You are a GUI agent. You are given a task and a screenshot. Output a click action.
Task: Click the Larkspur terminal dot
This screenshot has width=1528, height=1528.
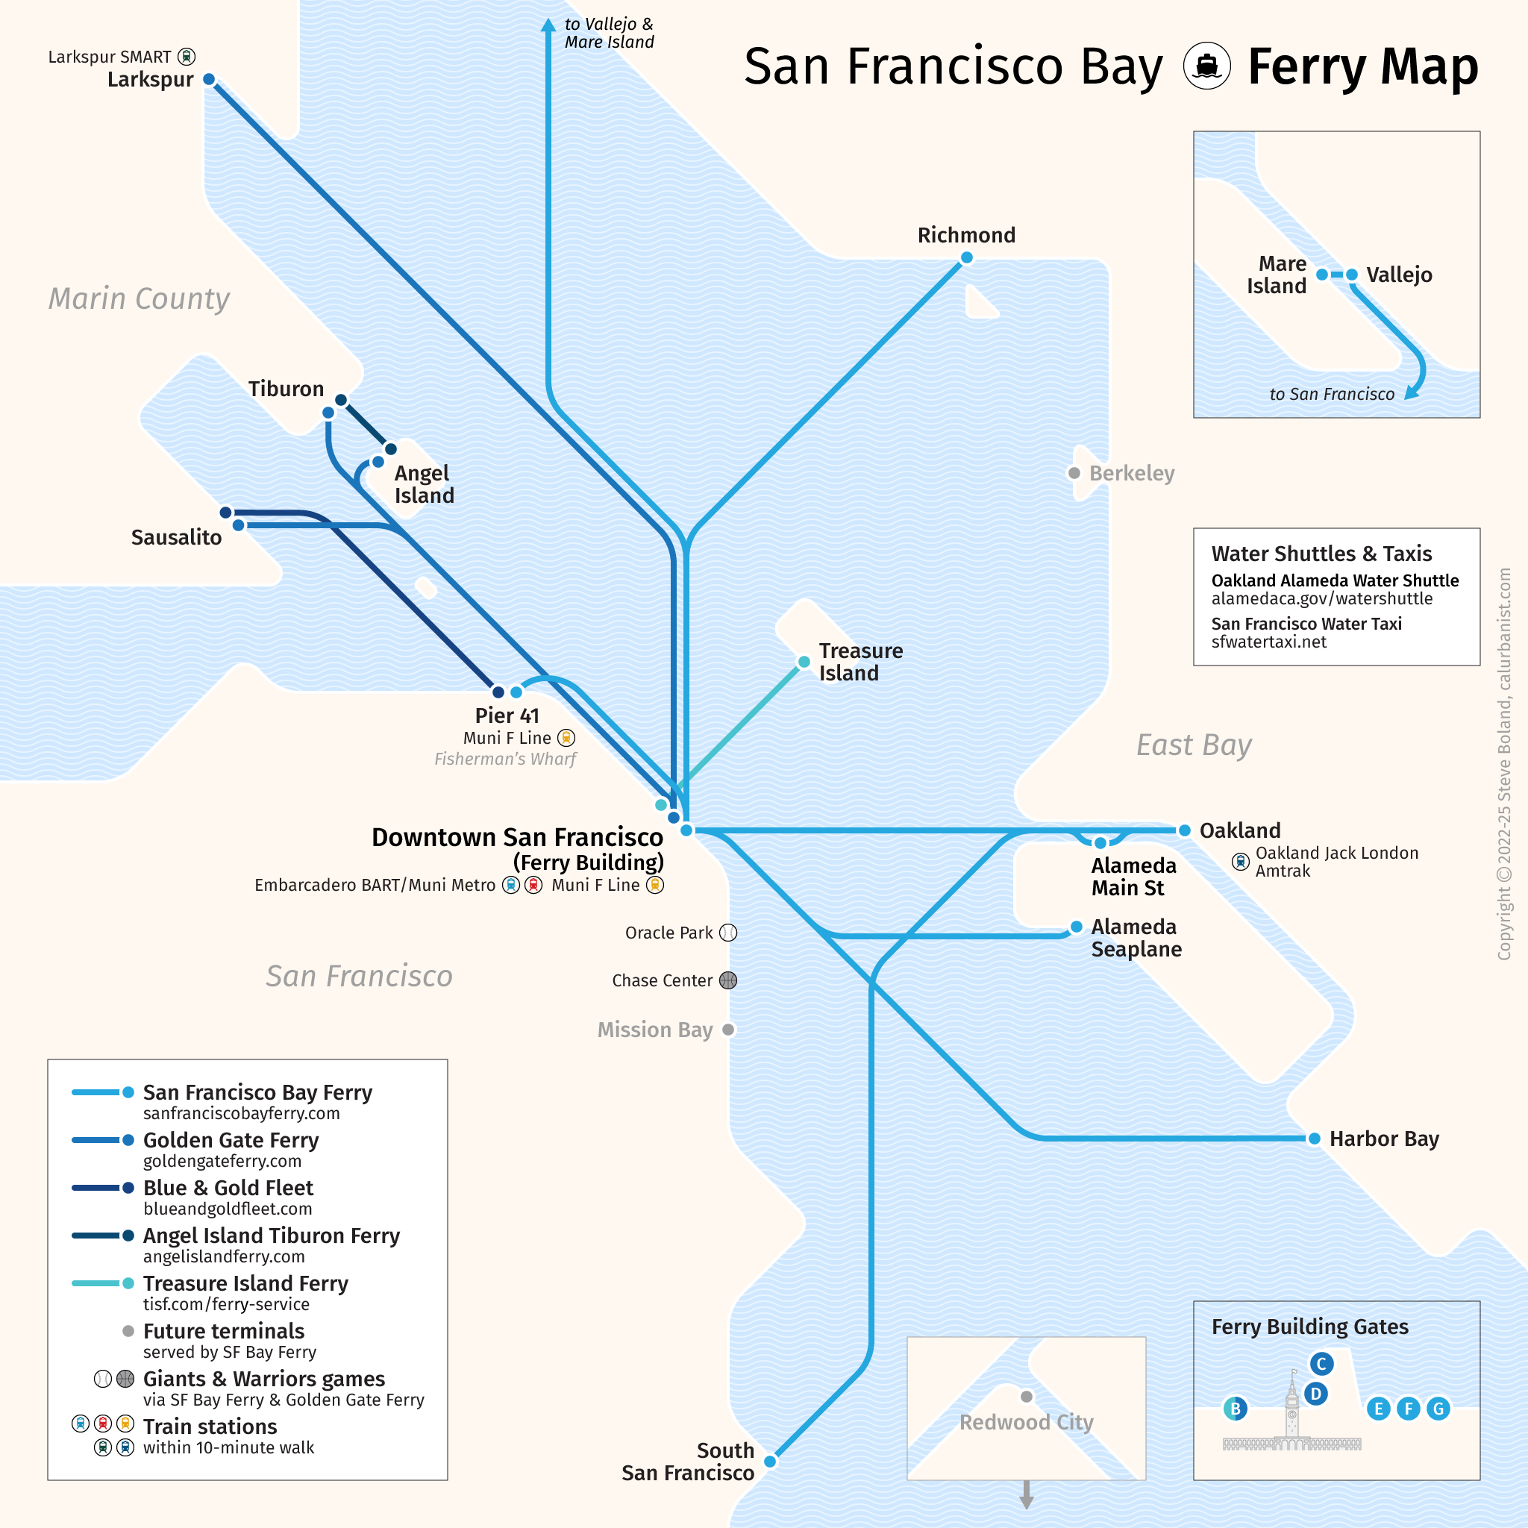209,79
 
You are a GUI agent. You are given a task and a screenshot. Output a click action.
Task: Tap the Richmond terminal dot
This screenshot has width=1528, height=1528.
966,257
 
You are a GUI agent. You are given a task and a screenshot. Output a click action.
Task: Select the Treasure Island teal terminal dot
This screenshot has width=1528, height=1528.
804,662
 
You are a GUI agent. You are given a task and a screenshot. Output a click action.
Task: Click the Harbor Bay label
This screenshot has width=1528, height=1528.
1383,1139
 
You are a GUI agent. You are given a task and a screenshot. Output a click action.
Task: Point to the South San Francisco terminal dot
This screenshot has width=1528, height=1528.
769,1462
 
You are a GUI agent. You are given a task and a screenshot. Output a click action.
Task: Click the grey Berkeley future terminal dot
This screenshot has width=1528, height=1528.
1074,473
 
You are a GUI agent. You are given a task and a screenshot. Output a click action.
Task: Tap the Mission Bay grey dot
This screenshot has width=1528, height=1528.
728,1030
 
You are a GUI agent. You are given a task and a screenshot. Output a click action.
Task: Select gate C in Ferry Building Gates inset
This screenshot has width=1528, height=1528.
1321,1364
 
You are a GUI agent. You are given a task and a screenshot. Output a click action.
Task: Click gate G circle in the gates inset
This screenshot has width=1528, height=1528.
1438,1409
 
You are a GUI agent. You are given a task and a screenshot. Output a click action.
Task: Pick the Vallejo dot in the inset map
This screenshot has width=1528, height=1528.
1353,275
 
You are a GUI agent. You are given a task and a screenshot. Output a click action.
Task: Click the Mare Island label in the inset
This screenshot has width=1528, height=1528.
1277,275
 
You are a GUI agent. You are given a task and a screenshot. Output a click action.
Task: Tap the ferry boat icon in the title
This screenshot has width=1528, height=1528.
1206,66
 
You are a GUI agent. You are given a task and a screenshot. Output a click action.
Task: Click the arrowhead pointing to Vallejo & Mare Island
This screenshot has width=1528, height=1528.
548,25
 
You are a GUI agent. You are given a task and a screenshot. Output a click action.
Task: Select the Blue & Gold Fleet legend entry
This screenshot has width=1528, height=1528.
228,1188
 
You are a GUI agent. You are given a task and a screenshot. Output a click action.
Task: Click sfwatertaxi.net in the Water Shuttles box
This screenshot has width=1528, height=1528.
1268,642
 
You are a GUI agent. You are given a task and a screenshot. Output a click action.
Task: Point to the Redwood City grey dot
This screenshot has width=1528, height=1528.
1027,1397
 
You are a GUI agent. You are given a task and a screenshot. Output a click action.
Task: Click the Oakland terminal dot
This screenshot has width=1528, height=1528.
1184,830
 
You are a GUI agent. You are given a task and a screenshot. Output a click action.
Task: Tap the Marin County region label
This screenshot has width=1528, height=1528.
140,299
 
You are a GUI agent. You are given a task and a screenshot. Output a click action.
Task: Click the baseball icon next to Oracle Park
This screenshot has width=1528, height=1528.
728,933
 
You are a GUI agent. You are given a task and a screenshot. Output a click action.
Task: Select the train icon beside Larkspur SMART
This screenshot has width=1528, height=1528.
187,57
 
